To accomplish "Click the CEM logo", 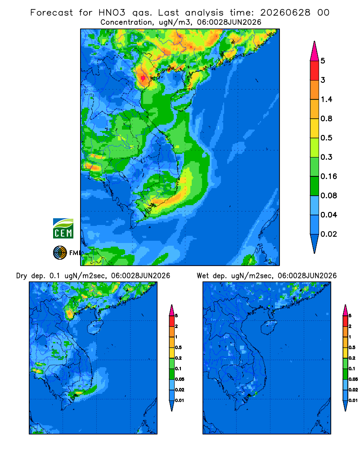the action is coord(63,228).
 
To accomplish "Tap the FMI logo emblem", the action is coord(60,253).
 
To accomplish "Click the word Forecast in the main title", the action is coord(52,13).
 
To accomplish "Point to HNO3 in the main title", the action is coord(112,13).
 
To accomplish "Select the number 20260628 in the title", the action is coord(285,13).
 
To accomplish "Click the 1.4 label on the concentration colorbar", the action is coord(326,99).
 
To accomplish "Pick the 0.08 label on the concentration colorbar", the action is coord(328,195).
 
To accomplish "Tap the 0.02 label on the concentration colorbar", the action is coord(328,234).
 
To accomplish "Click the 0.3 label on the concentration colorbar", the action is coord(326,157).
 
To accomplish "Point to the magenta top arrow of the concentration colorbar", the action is coord(315,52).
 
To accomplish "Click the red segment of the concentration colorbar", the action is coord(315,70).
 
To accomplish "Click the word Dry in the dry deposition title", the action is coord(22,276).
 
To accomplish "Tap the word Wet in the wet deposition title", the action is coord(203,276).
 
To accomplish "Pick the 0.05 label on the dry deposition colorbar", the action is coord(180,379).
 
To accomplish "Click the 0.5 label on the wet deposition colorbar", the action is coord(352,347).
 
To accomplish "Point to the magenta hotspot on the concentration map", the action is coord(143,78).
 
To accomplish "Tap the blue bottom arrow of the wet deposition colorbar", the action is coord(345,406).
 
